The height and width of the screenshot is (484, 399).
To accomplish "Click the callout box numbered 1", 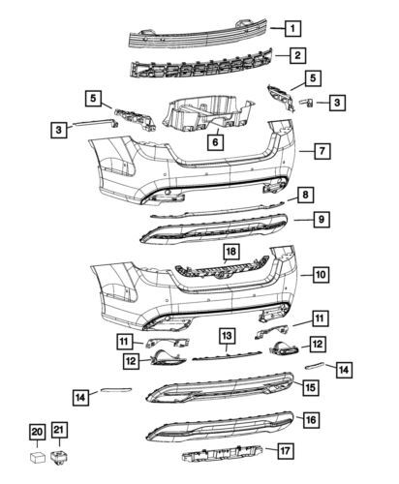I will [x=292, y=29].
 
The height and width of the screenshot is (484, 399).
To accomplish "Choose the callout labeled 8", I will [x=305, y=195].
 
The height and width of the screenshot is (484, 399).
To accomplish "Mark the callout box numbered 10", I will [x=321, y=274].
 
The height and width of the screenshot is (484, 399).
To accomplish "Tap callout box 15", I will [x=310, y=387].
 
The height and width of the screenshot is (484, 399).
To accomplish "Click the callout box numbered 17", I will [x=286, y=450].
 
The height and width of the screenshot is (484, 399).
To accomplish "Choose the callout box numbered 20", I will [x=37, y=432].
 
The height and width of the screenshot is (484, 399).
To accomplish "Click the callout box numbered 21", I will [x=60, y=432].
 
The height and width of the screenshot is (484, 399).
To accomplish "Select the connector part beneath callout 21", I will [x=61, y=451].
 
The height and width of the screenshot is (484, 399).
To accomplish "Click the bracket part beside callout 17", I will [x=223, y=454].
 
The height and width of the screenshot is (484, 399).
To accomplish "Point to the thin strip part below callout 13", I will [x=226, y=355].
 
